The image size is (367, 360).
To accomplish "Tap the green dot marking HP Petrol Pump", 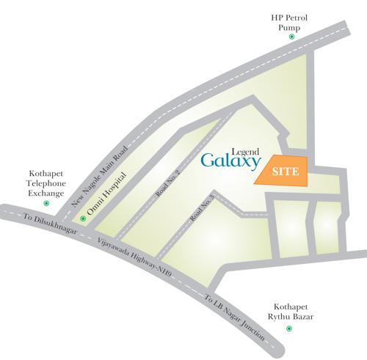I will coord(292,37).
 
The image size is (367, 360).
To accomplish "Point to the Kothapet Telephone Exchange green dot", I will coord(46,202).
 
